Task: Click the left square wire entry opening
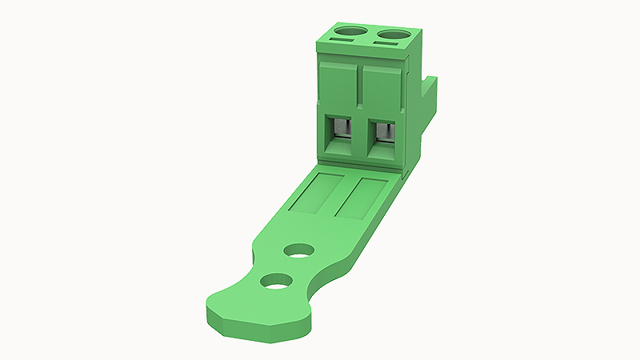coord(341,133)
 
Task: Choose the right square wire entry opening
coord(382,135)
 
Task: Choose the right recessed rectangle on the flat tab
coord(362,198)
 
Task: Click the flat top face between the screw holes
coord(372,35)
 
